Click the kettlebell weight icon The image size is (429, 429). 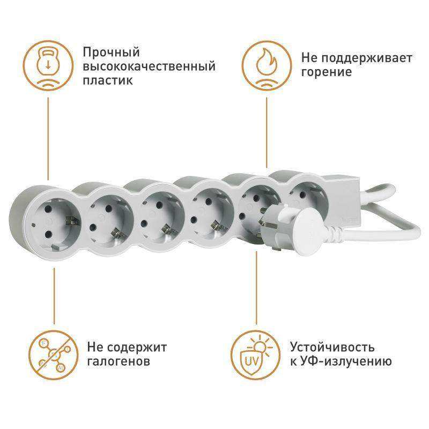click(48, 65)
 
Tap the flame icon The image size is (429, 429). click(267, 65)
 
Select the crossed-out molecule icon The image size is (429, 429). click(54, 355)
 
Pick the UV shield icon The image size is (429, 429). click(256, 355)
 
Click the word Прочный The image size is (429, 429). click(112, 53)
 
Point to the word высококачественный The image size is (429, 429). click(149, 66)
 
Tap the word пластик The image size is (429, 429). click(108, 81)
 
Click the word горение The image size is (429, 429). click(327, 72)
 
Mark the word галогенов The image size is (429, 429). click(119, 361)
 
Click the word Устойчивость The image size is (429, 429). click(332, 347)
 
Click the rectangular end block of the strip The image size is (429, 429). click(345, 201)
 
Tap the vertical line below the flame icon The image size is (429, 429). click(267, 132)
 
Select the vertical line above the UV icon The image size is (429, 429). click(256, 288)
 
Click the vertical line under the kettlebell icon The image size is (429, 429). click(48, 139)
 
